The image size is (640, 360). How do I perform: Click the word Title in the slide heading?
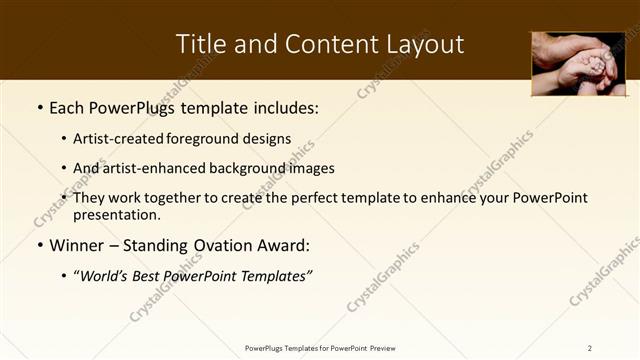click(200, 44)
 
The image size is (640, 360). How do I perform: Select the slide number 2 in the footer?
click(590, 347)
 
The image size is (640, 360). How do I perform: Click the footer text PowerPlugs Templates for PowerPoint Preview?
click(320, 347)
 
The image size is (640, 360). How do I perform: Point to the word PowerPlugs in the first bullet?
click(133, 107)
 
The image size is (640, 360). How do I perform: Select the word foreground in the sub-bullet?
click(214, 139)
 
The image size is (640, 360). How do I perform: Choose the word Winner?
click(78, 246)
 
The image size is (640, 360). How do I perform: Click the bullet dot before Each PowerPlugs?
click(39, 107)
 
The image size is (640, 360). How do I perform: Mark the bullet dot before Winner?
click(39, 246)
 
